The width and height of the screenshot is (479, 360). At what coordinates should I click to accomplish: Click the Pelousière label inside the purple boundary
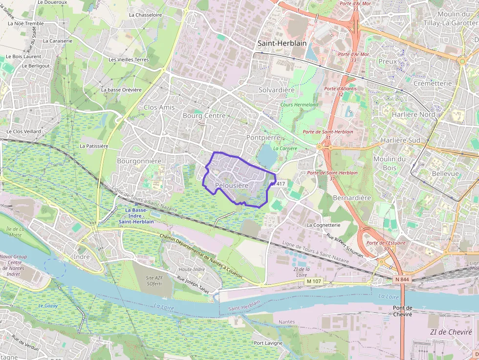pos(232,186)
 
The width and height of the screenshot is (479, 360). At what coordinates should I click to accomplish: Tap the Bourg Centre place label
pos(204,116)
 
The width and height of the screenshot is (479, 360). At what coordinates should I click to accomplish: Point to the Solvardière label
pos(277,90)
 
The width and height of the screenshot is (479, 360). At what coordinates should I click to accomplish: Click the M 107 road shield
pos(315,281)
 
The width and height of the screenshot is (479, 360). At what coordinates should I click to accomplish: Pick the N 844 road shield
pos(402,279)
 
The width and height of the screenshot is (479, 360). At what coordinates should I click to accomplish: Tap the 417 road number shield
pos(280,184)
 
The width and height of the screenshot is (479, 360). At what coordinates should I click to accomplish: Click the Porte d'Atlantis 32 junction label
pos(340,91)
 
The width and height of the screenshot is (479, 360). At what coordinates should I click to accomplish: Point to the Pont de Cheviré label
pos(403,311)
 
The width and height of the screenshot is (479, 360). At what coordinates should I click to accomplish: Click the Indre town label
pos(81,256)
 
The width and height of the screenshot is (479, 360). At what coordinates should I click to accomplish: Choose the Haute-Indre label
pos(192,269)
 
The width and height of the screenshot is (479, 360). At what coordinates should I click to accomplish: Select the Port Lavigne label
pos(268,343)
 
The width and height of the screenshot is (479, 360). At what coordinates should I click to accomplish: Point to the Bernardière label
pos(352,198)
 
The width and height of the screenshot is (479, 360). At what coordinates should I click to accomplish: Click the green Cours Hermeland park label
pos(299,105)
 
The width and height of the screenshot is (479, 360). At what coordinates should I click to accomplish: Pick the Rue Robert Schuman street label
pos(345,244)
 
